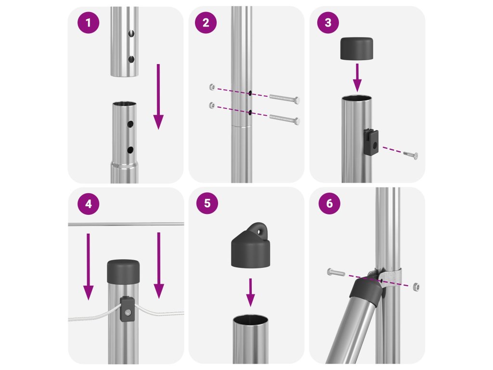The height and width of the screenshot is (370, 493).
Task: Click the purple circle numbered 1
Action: (x=89, y=23)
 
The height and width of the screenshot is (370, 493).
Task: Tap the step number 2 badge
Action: (x=206, y=23)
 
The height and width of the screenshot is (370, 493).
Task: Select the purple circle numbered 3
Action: (x=328, y=22)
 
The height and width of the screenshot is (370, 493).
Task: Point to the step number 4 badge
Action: (x=89, y=204)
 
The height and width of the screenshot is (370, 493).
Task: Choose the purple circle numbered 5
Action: (x=207, y=203)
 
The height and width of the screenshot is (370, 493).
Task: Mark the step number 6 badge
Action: (x=329, y=203)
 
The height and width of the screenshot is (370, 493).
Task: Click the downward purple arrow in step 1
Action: (x=158, y=96)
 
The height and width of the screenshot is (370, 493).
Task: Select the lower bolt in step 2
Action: (x=285, y=119)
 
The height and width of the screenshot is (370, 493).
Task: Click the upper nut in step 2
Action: (x=212, y=87)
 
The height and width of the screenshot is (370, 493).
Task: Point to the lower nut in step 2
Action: (x=212, y=105)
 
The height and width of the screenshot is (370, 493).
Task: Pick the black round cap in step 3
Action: (x=357, y=49)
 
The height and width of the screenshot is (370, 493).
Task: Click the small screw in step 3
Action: (x=411, y=155)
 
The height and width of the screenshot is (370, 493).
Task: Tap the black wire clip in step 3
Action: (x=371, y=142)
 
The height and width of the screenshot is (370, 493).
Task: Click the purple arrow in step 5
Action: (x=250, y=292)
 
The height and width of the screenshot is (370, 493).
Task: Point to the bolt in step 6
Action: (x=336, y=272)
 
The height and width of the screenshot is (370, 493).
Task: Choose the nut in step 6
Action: (x=415, y=286)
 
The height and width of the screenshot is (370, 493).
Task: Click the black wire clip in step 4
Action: (x=127, y=309)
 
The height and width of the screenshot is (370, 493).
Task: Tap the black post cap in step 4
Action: (x=123, y=272)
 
